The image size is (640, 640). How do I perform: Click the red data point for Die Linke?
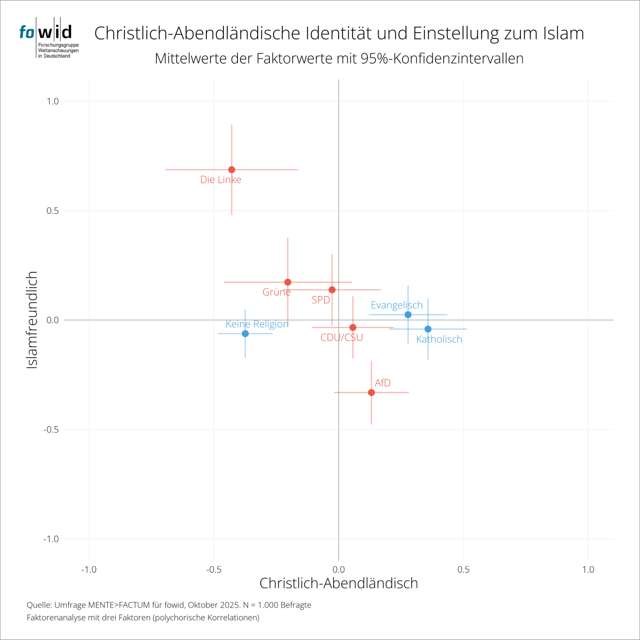pos(231,170)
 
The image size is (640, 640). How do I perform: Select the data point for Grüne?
pos(288,282)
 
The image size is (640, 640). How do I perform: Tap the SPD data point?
pos(332,290)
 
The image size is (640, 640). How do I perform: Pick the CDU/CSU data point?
pos(353,327)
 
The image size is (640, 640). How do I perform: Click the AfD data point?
pos(371,393)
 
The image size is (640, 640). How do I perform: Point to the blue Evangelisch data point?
pos(408,315)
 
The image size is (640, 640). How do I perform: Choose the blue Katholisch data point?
pos(428,329)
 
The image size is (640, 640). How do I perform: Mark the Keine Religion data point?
pos(245,333)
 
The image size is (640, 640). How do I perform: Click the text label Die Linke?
pos(221,180)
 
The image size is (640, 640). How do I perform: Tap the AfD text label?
pos(383,383)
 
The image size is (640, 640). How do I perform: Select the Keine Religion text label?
pos(257,324)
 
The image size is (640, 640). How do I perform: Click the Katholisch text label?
pos(439,339)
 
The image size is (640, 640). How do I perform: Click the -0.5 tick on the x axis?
pos(213,570)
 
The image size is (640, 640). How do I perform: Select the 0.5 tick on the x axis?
pos(463,570)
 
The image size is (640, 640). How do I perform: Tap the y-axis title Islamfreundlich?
pos(32,320)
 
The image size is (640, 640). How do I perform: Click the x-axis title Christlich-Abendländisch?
pos(339,583)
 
